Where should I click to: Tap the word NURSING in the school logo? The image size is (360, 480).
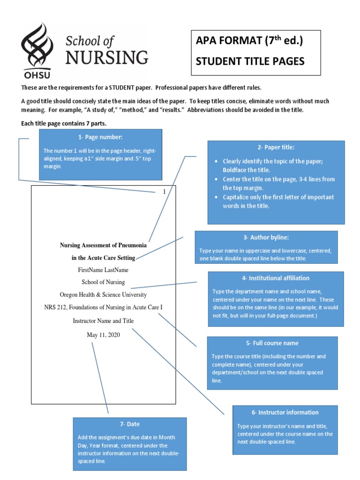pos(106,58)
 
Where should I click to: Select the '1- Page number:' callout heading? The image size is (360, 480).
pos(101,137)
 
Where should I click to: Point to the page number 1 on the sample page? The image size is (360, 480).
pos(164,192)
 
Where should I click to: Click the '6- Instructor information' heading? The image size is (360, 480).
pos(285,412)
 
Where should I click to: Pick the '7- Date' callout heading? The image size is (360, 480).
pos(130,424)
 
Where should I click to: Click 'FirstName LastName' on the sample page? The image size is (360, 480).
pos(103,270)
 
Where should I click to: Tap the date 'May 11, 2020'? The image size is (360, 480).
pos(103,335)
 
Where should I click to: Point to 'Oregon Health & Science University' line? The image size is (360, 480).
pos(103,295)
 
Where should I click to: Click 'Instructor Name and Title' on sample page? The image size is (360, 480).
pos(103,321)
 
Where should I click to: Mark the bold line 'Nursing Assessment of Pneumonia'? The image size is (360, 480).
pos(103,245)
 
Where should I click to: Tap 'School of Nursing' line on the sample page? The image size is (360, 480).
pos(103,282)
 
